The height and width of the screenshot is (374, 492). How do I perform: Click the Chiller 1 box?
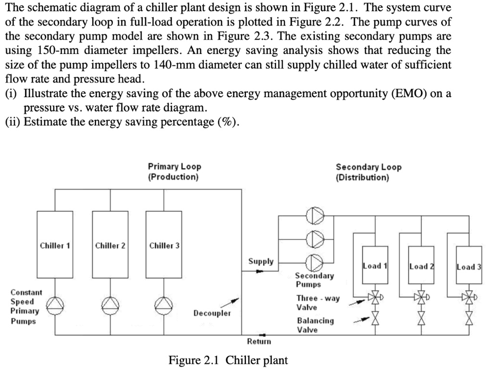click(55, 245)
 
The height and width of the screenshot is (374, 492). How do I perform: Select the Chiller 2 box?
click(110, 245)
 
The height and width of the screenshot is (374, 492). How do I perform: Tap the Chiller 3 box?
click(164, 245)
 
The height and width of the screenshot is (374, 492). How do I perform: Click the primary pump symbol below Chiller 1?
click(55, 305)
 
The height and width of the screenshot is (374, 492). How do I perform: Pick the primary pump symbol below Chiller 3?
click(165, 305)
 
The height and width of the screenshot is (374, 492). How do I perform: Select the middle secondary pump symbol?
click(315, 238)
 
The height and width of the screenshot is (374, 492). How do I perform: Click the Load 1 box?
click(376, 266)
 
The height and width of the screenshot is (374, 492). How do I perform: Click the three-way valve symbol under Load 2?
click(421, 297)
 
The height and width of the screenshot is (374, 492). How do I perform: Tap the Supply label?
click(261, 261)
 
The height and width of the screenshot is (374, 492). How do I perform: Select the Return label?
click(259, 341)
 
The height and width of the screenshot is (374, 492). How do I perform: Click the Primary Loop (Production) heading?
click(174, 171)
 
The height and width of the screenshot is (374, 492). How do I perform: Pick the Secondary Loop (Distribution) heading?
click(369, 172)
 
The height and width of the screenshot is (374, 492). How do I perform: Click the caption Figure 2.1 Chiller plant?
click(228, 360)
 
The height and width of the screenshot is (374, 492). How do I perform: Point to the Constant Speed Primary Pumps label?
click(26, 306)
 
